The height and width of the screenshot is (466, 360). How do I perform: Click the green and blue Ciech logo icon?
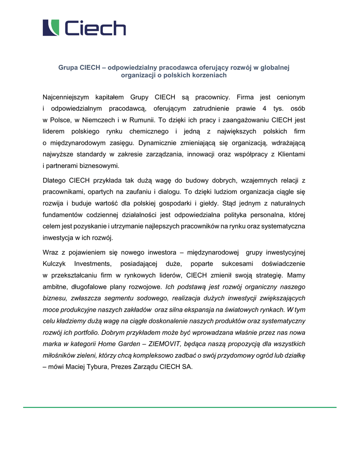click(51, 28)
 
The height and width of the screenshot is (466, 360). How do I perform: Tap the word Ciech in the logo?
click(95, 28)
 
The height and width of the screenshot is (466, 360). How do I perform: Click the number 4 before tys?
click(264, 109)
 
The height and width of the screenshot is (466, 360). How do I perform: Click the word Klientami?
click(290, 154)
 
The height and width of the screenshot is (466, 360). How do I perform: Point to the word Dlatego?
click(54, 181)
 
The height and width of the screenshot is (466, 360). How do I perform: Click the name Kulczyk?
click(54, 264)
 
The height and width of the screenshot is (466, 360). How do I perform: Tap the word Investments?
click(92, 264)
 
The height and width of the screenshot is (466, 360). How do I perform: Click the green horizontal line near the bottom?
click(180, 407)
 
